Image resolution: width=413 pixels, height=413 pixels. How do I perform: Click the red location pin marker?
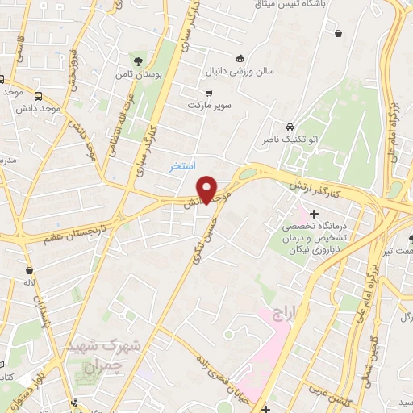207,189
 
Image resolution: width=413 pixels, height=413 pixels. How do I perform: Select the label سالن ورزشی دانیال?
241,71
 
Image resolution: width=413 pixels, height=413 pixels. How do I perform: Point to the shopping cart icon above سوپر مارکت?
209,93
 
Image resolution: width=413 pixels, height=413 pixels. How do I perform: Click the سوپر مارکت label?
209,106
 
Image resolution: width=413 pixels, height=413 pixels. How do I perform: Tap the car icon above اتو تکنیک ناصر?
289,127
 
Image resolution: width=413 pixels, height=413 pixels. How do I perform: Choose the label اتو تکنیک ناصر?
288,140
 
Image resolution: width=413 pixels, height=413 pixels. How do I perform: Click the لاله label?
30,284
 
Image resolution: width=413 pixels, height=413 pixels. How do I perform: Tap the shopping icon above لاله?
30,271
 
